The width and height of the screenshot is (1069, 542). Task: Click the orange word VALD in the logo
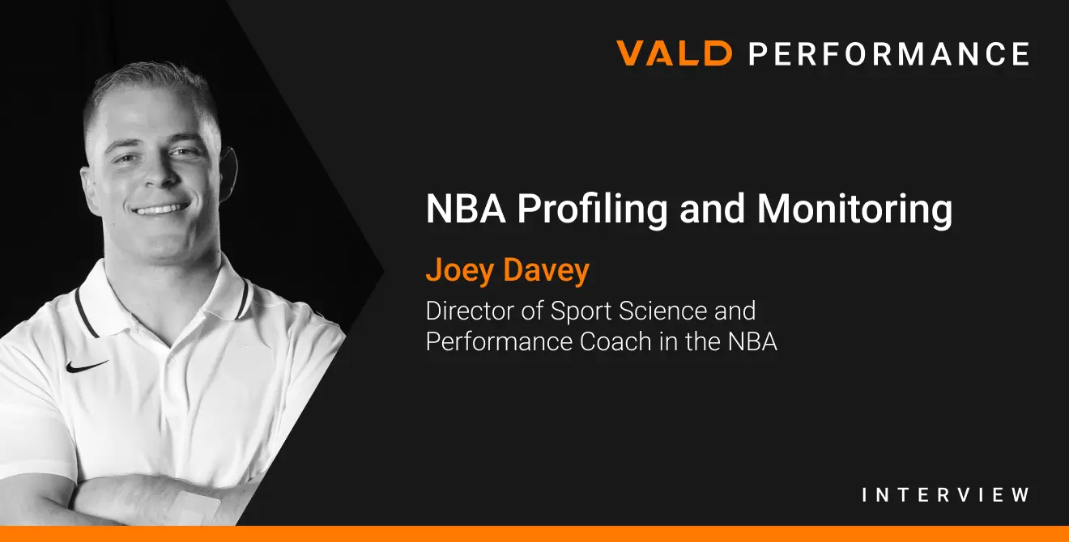click(x=674, y=53)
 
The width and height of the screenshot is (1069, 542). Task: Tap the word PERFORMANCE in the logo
click(x=888, y=53)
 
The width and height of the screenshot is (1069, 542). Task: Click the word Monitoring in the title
click(x=855, y=210)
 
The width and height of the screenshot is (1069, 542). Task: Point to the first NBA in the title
click(x=466, y=210)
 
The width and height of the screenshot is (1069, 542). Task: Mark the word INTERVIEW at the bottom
click(x=946, y=494)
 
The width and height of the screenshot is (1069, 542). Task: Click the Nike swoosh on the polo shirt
click(x=87, y=366)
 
